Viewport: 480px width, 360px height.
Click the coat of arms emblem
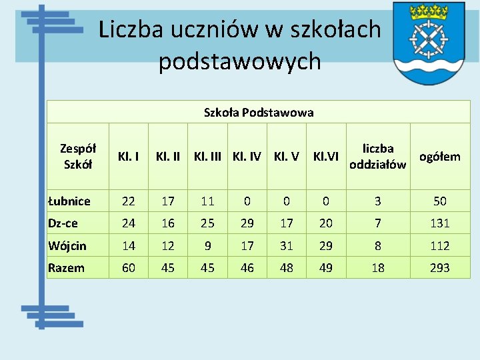point(429,43)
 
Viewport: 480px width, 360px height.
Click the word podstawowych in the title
point(240,61)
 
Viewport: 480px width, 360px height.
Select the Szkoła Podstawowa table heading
point(259,113)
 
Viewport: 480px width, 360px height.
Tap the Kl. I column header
point(128,157)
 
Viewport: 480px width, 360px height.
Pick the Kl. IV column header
point(247,157)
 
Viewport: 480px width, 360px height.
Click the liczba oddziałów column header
point(377,157)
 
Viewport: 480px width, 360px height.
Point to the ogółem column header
point(439,157)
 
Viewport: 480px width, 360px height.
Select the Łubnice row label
point(69,201)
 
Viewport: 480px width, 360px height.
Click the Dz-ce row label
point(63,223)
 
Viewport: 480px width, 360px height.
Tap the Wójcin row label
point(67,245)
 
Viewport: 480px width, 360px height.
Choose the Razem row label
point(67,268)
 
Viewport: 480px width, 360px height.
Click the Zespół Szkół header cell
point(78,157)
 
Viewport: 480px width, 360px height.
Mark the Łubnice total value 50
point(439,201)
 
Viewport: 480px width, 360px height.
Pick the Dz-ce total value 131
point(439,223)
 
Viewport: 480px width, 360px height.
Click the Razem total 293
point(439,268)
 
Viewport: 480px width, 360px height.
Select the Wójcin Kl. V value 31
point(287,246)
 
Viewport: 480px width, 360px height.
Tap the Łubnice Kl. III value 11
point(208,201)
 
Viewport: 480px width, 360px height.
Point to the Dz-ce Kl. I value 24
point(128,223)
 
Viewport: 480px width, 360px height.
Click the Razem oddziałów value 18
point(377,268)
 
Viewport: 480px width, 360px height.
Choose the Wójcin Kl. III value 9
point(208,246)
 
